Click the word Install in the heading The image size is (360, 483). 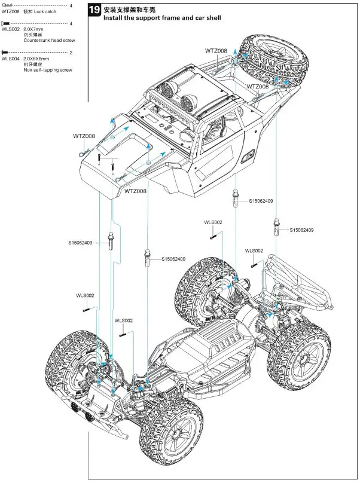114,19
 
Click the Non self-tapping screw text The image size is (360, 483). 48,71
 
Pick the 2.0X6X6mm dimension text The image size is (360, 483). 36,59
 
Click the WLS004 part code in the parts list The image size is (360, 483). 10,59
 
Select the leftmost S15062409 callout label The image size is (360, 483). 80,242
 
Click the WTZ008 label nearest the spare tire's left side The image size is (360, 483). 216,51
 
